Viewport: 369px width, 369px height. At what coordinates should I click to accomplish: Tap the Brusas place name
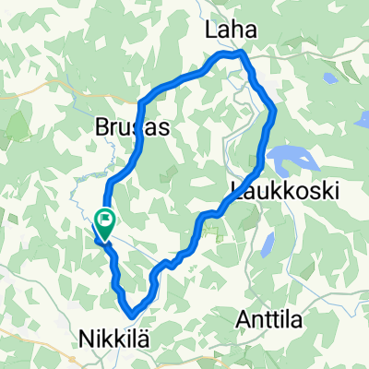(x=132, y=130)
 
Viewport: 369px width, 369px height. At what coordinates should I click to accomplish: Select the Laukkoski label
(x=282, y=191)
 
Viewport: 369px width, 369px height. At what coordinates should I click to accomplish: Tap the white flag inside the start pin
(x=105, y=220)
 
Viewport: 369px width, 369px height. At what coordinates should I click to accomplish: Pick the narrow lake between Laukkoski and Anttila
(x=267, y=244)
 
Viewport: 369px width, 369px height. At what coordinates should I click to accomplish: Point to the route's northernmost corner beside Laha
(x=242, y=54)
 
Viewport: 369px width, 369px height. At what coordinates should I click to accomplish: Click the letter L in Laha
(x=208, y=31)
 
